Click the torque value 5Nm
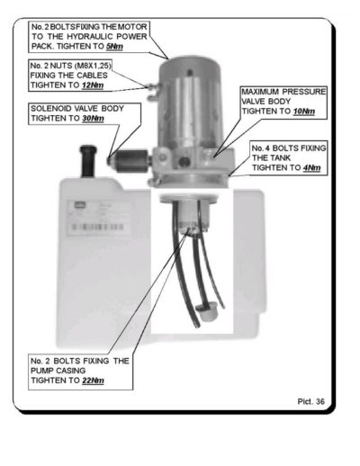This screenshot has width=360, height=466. pos(114,47)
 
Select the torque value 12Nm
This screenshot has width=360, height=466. pos(93,85)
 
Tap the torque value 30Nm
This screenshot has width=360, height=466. pos(93,119)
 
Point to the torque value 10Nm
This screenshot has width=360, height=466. pos(304,112)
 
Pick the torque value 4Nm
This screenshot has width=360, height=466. pos(311,168)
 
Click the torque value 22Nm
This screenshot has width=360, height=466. pos(93,381)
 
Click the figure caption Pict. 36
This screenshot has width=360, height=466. pos(311,401)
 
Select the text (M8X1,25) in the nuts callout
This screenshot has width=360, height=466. pos(93,66)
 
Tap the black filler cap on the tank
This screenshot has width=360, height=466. pos(88,161)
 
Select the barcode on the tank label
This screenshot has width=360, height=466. pos(97,227)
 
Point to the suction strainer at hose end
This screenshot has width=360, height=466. pos(207,312)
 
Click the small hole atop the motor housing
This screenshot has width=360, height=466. pos(189,72)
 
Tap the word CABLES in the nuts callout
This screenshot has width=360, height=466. pos(92,76)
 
